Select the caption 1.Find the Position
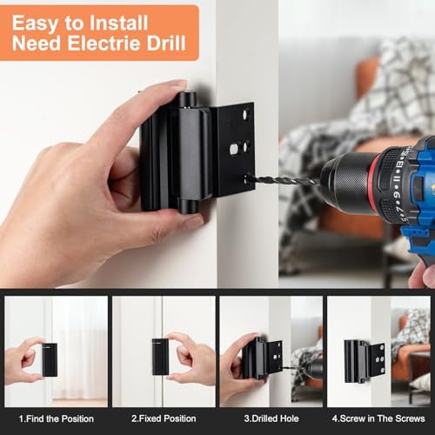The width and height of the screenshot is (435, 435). click(56, 418)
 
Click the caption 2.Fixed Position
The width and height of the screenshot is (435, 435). click(164, 418)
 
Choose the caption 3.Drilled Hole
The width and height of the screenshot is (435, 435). click(271, 418)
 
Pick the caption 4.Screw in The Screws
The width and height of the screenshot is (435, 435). click(378, 418)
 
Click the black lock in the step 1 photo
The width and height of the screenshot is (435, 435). click(50, 359)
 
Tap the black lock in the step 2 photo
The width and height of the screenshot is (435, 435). click(158, 357)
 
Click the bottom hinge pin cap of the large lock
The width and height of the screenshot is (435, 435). click(188, 206)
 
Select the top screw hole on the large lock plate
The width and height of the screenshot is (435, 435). click(246, 114)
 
